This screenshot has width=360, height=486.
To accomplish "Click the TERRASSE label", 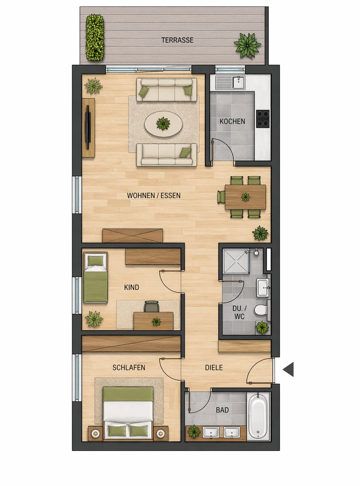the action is click(x=177, y=40).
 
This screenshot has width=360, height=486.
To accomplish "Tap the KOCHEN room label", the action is click(x=232, y=121).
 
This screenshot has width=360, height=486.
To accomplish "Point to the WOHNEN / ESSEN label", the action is click(x=154, y=195).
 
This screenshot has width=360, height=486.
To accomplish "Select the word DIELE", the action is click(x=214, y=368).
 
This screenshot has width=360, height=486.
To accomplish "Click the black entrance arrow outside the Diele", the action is click(x=289, y=369).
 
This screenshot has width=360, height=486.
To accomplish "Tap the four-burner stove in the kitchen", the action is click(x=263, y=118).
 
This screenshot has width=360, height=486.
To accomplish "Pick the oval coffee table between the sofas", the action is click(x=163, y=124).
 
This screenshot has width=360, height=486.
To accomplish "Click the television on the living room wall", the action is click(x=88, y=127).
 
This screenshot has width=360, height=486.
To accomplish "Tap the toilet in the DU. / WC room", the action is click(x=261, y=310).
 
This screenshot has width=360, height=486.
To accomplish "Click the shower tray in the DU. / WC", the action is click(x=236, y=261).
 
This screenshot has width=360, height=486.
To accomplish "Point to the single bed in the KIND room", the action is click(x=95, y=278).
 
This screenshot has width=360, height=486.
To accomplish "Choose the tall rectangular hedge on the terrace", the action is click(x=95, y=37).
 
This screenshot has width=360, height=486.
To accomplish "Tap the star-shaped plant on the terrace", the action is click(x=247, y=45).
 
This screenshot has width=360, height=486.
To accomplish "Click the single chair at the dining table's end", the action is click(x=221, y=197).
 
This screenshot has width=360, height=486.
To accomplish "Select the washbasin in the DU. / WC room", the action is click(x=263, y=288).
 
